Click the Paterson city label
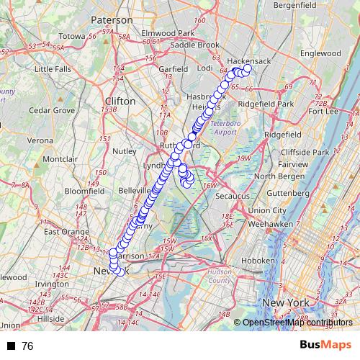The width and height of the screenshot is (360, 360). (111, 19)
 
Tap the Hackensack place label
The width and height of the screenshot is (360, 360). (248, 61)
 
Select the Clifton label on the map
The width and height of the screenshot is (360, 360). (120, 102)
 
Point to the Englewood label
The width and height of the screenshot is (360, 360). (320, 53)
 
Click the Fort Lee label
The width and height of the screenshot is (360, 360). (323, 111)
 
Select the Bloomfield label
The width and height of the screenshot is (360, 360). (84, 192)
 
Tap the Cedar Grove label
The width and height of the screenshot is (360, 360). (52, 111)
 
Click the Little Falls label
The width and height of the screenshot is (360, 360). (53, 69)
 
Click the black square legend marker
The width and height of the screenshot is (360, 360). (11, 346)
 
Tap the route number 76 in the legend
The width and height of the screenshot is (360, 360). (28, 346)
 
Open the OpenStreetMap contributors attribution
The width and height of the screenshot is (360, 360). (298, 322)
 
